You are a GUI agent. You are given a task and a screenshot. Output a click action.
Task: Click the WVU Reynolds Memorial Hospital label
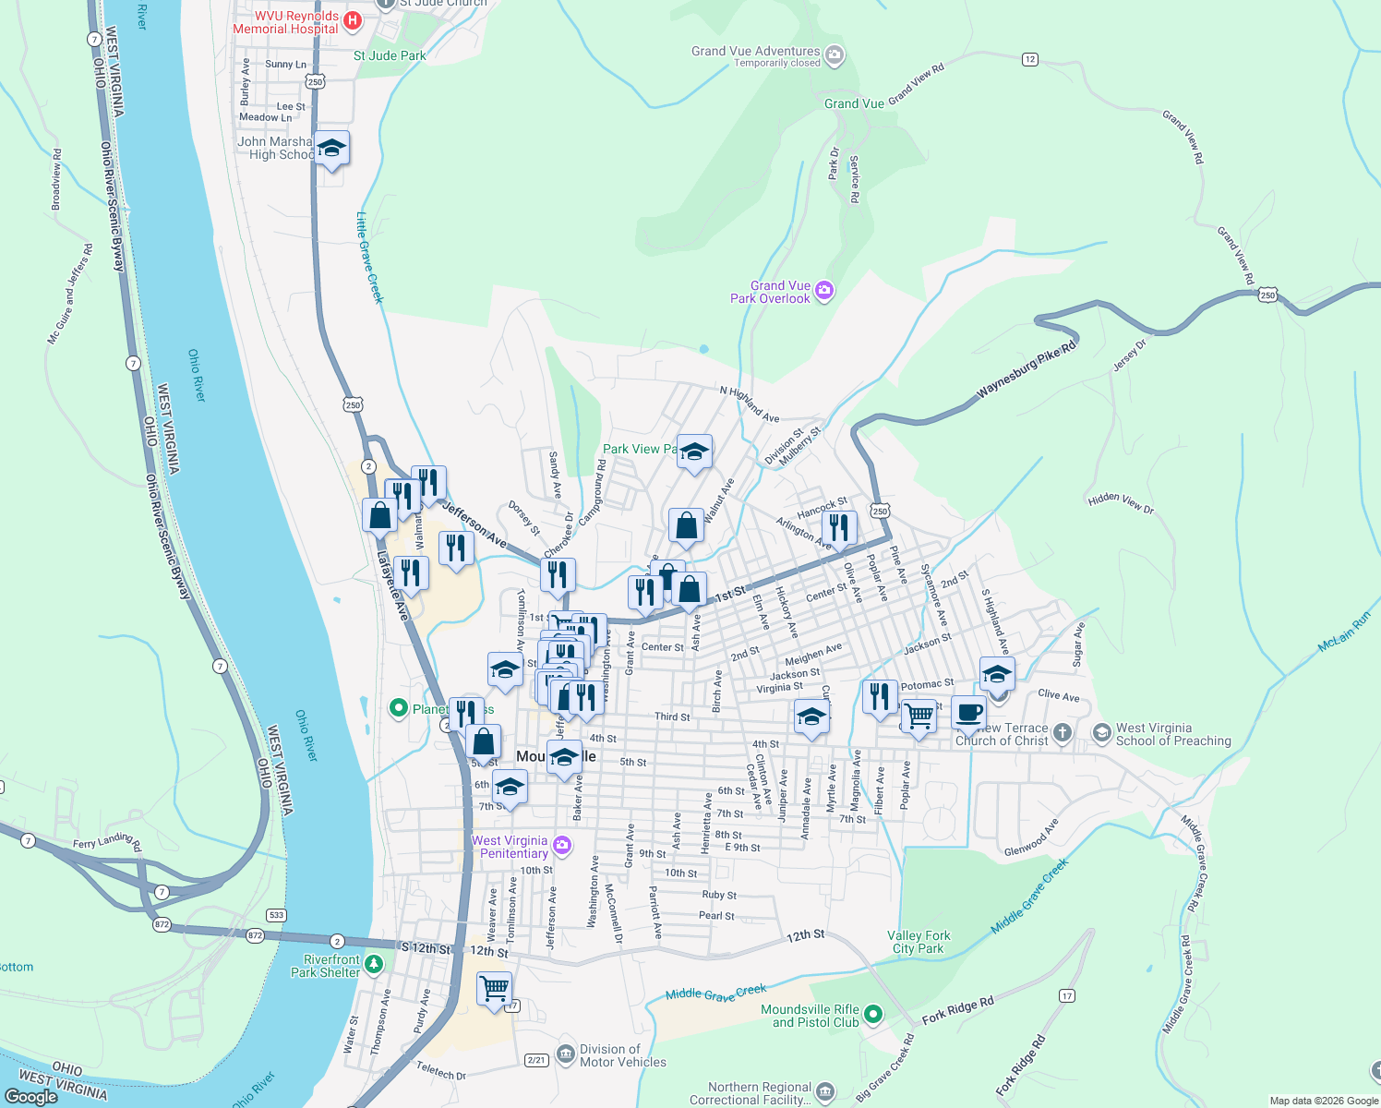285,23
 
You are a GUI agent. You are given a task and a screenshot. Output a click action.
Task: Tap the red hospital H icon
352,20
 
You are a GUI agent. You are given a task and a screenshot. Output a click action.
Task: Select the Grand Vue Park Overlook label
770,292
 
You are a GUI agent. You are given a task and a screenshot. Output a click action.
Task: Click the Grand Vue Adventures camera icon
835,55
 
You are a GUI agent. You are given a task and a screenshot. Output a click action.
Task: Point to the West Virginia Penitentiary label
510,847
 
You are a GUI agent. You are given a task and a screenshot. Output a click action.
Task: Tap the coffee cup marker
968,713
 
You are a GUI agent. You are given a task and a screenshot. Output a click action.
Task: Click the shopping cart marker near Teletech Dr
495,988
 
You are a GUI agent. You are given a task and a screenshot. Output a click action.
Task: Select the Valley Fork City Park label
919,942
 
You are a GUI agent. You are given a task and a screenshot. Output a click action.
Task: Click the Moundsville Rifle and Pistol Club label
810,1016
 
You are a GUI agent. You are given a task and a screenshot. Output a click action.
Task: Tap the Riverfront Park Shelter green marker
374,965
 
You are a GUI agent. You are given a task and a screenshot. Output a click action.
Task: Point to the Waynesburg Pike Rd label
1027,370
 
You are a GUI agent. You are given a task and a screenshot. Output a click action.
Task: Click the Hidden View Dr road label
1121,503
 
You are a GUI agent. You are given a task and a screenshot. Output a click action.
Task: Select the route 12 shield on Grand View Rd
1030,59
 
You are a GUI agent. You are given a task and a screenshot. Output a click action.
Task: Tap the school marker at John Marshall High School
331,149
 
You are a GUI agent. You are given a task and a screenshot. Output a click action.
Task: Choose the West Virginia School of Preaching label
1173,734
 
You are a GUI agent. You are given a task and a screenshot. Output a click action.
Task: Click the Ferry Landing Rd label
107,841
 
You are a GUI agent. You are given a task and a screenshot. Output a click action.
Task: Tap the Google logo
30,1097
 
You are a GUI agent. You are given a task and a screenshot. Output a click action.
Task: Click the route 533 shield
276,915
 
